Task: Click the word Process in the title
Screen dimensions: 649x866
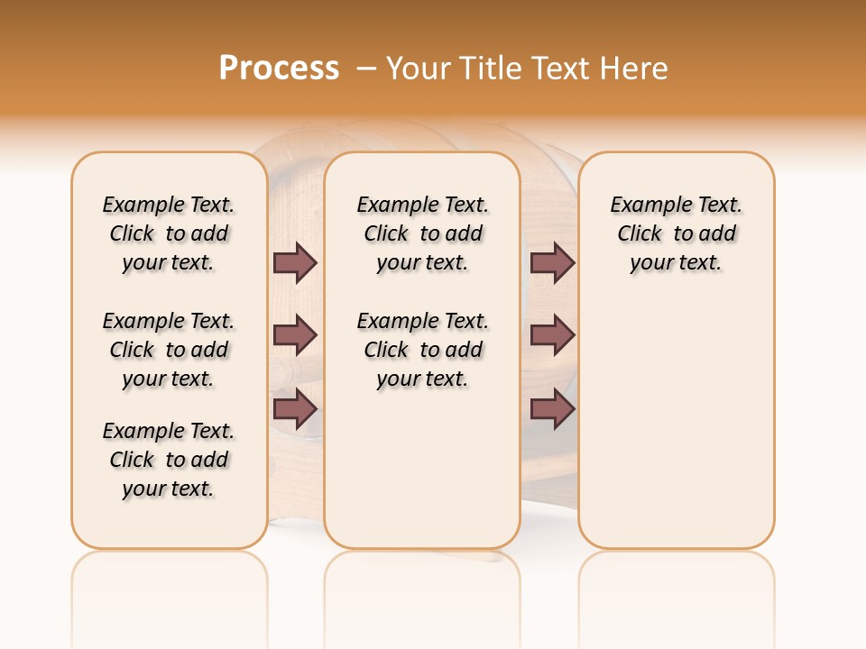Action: click(279, 68)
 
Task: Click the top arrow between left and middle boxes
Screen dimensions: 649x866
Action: click(295, 262)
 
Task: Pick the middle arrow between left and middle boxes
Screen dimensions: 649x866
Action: click(295, 335)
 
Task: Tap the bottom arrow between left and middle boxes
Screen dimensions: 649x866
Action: click(295, 410)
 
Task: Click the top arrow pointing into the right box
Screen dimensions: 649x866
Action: click(552, 262)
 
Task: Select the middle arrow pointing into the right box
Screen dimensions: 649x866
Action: click(552, 335)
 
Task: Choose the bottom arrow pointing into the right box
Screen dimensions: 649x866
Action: click(552, 410)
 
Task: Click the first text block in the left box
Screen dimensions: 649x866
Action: click(169, 233)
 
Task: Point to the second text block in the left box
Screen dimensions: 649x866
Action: click(169, 350)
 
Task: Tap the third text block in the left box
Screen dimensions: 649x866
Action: click(169, 460)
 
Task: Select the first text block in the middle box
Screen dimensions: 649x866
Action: click(423, 233)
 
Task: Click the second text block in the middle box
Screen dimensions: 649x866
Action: click(423, 350)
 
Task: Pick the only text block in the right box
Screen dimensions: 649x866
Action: click(677, 233)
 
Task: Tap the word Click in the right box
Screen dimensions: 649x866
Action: click(640, 234)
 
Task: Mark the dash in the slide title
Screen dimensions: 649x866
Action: click(366, 69)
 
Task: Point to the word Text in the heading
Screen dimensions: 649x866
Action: click(558, 69)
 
